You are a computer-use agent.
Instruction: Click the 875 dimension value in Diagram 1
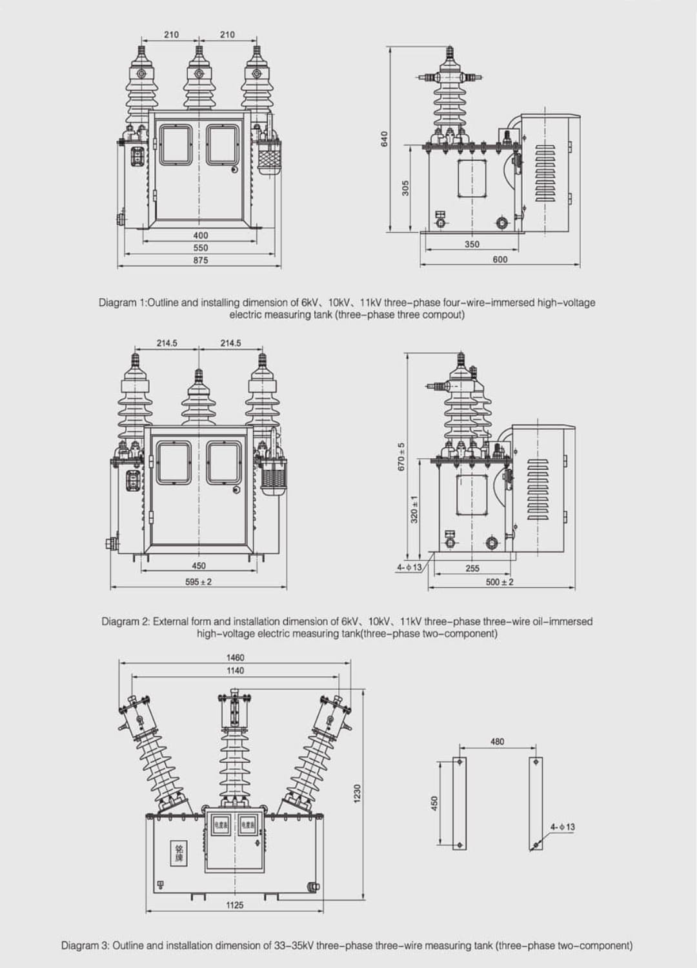point(200,260)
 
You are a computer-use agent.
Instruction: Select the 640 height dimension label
point(385,138)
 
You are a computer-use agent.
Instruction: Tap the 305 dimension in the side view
point(405,188)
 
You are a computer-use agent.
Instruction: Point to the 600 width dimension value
point(500,259)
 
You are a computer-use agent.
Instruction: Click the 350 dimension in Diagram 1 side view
point(472,245)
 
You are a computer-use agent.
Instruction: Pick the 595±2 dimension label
point(198,581)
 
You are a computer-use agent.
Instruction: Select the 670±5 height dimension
point(400,456)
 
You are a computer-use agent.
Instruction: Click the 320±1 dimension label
point(414,509)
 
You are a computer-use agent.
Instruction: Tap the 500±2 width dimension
point(500,582)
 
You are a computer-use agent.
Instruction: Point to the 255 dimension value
point(472,569)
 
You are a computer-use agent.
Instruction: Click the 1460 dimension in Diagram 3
point(235,658)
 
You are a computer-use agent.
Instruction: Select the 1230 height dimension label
point(358,794)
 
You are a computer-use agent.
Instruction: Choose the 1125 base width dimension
point(234,905)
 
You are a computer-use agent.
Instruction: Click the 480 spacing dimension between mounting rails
point(497,741)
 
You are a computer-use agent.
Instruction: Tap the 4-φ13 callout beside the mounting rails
point(562,827)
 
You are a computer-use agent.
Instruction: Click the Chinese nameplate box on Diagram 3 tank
point(179,854)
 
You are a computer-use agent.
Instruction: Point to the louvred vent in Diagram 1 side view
point(545,172)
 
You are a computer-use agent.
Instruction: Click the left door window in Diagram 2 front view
point(174,462)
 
